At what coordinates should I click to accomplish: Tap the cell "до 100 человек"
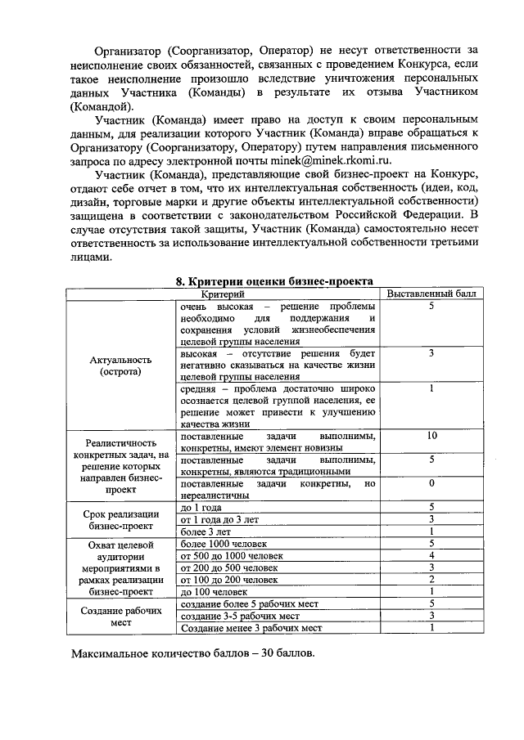pos(214,591)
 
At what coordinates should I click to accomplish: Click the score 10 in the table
pos(431,436)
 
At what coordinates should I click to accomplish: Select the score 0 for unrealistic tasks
pos(431,483)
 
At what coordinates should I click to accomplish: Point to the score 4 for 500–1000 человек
pos(431,556)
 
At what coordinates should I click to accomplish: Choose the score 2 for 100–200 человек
pos(431,580)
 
